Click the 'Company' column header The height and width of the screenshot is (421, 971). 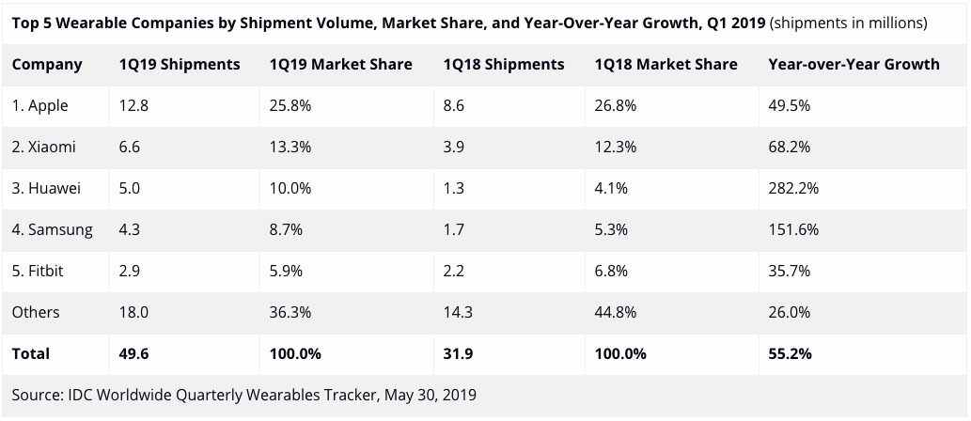tap(47, 65)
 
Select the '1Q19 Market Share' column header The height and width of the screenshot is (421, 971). tap(340, 65)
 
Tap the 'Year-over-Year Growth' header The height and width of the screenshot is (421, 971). tap(854, 65)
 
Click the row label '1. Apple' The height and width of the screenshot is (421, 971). tap(40, 106)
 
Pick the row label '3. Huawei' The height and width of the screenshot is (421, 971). tap(47, 189)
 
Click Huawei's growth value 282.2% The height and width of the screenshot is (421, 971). tap(793, 189)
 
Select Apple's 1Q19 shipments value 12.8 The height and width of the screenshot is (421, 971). tap(133, 106)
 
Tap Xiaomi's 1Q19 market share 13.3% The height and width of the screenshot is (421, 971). tap(290, 148)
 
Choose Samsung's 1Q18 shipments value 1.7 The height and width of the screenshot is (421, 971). tap(453, 230)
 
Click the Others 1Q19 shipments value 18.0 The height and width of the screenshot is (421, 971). tap(133, 313)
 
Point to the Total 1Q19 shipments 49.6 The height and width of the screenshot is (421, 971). tap(133, 354)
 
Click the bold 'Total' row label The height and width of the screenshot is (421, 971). tap(31, 354)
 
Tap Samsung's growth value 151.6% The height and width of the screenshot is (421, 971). tap(793, 230)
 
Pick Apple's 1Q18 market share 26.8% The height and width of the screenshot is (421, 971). tap(616, 106)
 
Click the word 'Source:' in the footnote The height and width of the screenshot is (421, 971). tap(39, 395)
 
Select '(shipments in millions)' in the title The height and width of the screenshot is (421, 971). tap(848, 23)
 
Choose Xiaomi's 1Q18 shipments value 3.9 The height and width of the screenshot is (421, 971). tap(453, 148)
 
